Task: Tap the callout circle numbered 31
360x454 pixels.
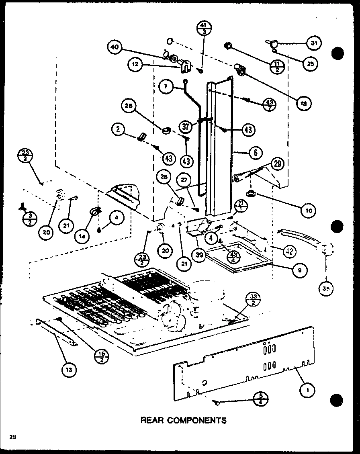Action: [x=314, y=44]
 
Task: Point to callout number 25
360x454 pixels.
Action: [x=310, y=63]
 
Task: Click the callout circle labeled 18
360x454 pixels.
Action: [x=303, y=103]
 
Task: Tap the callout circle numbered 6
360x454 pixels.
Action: [x=255, y=152]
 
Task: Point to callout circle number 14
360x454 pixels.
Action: [x=82, y=237]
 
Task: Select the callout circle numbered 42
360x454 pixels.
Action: [x=289, y=252]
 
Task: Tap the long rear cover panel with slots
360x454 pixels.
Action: [x=241, y=362]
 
